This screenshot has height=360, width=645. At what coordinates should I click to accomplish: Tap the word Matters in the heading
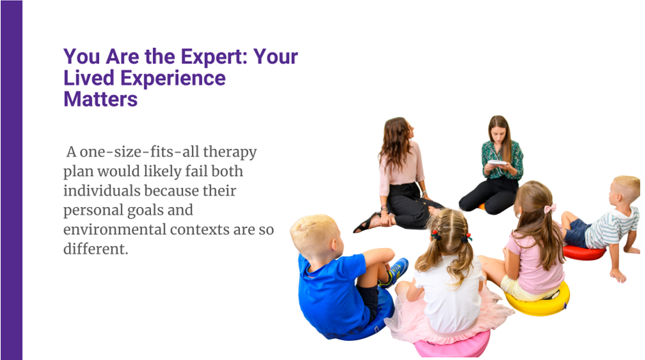pyautogui.click(x=100, y=99)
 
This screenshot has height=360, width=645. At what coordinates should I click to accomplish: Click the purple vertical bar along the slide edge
pyautogui.click(x=11, y=180)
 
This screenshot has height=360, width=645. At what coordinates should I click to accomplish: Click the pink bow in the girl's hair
pyautogui.click(x=549, y=208)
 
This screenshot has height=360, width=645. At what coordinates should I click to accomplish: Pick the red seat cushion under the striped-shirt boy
pyautogui.click(x=582, y=253)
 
